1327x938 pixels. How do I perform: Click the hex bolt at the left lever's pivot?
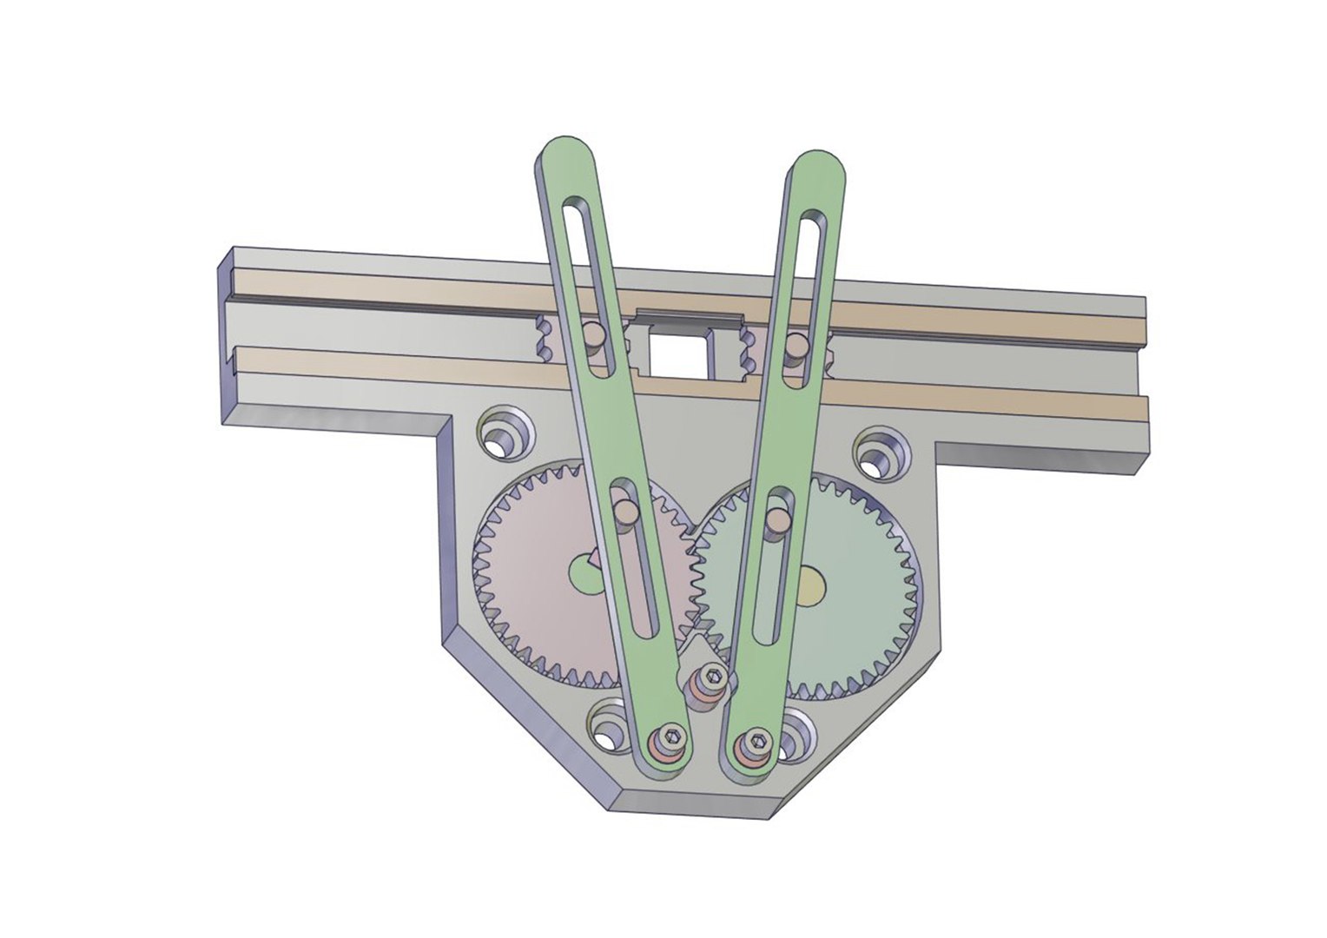pyautogui.click(x=670, y=741)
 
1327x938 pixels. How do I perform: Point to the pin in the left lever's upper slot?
pyautogui.click(x=592, y=334)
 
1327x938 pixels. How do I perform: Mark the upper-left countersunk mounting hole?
pyautogui.click(x=503, y=437)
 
